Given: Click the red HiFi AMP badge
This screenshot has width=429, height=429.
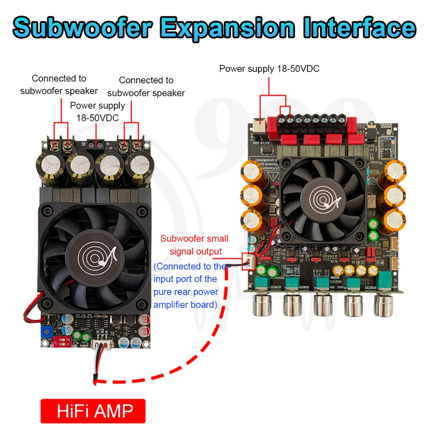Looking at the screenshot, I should coord(93,411).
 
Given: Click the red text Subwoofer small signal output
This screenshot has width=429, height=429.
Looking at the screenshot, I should coord(194,245).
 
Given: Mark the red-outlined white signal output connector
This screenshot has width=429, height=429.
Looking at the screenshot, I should coord(249,261).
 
